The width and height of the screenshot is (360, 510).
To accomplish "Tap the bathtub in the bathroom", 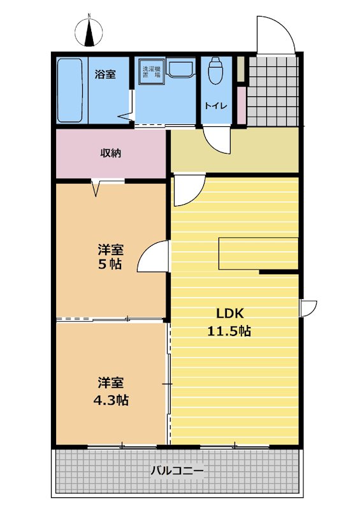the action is (x=69, y=90).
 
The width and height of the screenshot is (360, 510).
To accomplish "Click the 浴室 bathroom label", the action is (x=105, y=74).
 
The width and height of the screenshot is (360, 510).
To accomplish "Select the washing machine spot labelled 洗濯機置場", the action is (x=152, y=72).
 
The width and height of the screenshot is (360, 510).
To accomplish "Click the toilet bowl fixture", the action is (x=215, y=71).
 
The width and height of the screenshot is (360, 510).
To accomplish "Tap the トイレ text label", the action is (x=215, y=106).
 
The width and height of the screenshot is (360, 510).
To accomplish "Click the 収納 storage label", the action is (x=111, y=152).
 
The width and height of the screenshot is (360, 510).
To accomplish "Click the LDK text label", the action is (x=230, y=314).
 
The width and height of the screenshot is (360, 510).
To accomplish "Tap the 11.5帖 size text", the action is (x=229, y=331).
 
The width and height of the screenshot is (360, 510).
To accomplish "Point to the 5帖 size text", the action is (x=110, y=264).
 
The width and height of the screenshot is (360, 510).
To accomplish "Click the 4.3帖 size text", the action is (x=111, y=400).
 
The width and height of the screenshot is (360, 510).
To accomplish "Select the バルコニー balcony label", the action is (x=178, y=470).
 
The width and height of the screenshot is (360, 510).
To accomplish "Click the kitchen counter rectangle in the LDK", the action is (x=259, y=254).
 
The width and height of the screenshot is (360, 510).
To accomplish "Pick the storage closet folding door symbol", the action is (x=96, y=188).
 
